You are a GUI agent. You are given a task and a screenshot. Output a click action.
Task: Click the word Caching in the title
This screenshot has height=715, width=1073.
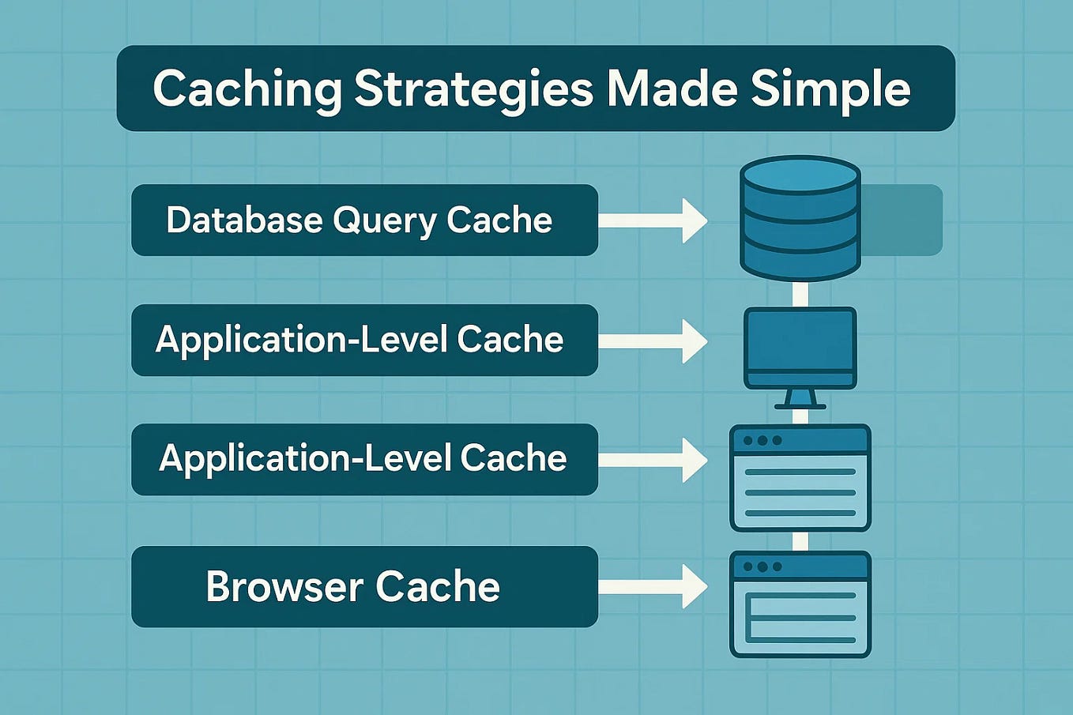(x=247, y=88)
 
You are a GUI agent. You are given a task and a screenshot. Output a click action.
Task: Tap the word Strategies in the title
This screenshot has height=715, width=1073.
(x=472, y=88)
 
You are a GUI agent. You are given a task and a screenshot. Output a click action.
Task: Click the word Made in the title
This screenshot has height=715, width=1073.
(x=672, y=88)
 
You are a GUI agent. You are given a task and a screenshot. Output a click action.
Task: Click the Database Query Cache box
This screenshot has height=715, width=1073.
(x=364, y=220)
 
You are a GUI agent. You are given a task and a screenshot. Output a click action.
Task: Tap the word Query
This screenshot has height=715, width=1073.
(x=383, y=221)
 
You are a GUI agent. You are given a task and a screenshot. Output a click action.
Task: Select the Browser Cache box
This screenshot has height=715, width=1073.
(x=364, y=587)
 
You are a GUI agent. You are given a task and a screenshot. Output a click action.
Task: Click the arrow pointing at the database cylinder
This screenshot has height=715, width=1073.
(x=653, y=220)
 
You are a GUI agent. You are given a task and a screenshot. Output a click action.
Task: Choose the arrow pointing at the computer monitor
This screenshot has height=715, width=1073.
(x=653, y=341)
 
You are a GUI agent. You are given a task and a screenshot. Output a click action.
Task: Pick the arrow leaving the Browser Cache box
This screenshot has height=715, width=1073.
(x=653, y=587)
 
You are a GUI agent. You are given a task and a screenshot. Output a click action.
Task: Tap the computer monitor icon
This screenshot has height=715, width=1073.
(x=800, y=348)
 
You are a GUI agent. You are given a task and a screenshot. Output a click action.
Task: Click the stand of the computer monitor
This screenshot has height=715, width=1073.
(x=800, y=399)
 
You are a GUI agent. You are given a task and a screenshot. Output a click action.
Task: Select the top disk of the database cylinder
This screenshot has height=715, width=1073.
(x=800, y=174)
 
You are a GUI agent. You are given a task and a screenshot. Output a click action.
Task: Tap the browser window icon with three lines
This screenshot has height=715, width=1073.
(x=800, y=478)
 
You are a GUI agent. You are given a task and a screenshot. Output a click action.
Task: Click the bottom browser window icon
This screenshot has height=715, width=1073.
(x=800, y=604)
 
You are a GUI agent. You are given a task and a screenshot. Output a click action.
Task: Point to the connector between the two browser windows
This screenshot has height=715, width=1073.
(x=800, y=541)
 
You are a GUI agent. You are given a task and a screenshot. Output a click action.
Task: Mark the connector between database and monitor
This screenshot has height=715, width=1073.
(x=800, y=294)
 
